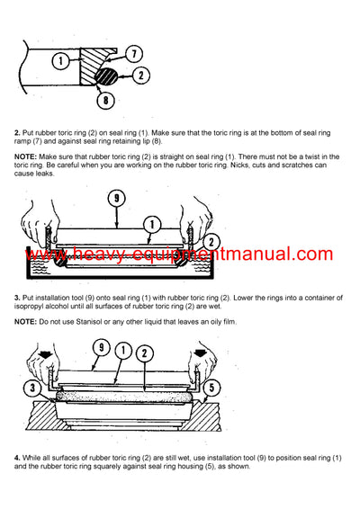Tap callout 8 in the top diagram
click(x=106, y=101)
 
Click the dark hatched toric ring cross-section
click(x=114, y=78)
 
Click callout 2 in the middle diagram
click(x=211, y=241)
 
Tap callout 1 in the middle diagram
click(x=152, y=223)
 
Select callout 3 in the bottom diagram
click(x=31, y=388)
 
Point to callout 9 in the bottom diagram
click(x=102, y=348)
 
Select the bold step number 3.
click(x=17, y=297)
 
